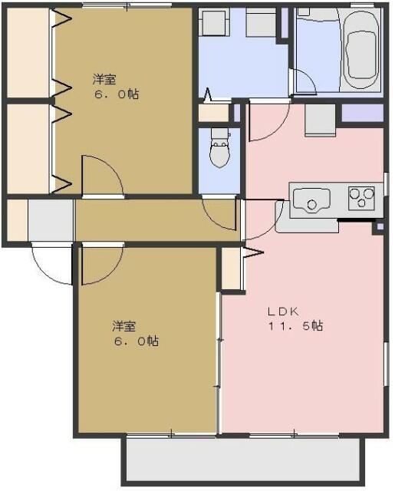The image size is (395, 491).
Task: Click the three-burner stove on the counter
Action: [x=360, y=199]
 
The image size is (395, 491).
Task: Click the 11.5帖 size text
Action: [x=295, y=326]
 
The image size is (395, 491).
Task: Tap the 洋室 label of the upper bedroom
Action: [x=105, y=79]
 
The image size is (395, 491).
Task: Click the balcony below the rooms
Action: [x=241, y=460]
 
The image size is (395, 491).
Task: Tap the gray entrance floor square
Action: [x=51, y=219]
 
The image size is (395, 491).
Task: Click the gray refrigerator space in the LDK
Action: [x=320, y=120]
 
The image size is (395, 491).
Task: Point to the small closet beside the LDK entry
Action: [x=229, y=268]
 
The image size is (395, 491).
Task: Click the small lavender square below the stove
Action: [x=377, y=228]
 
